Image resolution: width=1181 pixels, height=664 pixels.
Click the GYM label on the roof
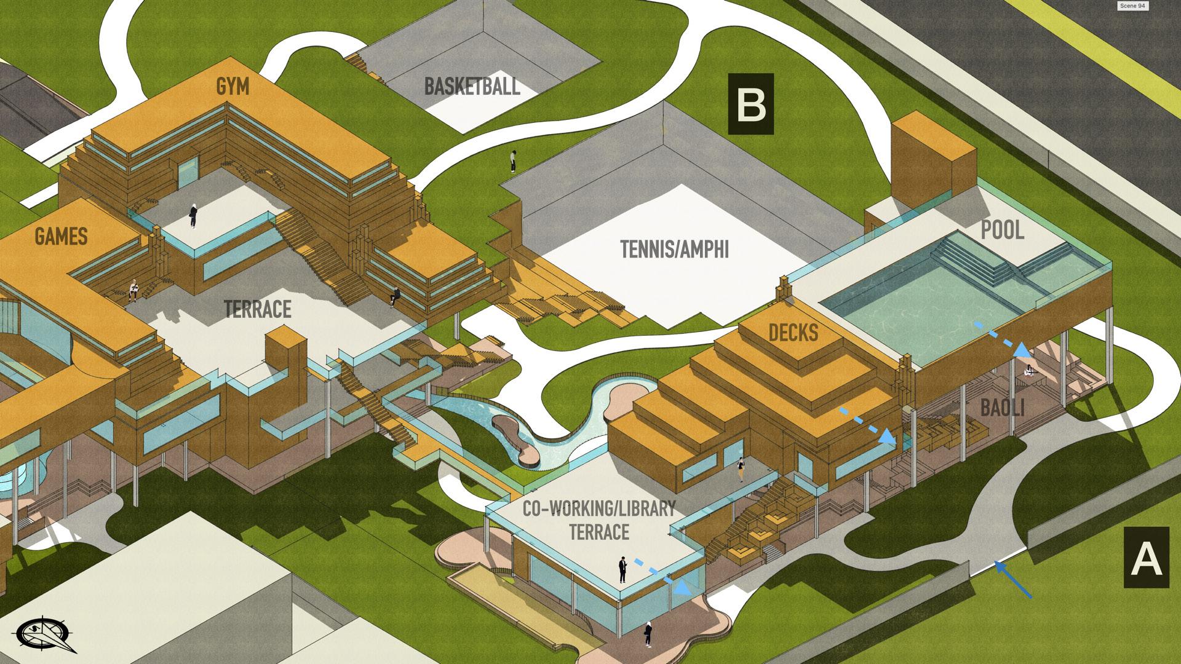point(233,87)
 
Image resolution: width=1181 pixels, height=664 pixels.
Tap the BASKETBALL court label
point(472,86)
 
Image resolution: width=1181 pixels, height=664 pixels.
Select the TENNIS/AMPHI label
point(674,250)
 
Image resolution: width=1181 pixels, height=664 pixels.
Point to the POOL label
point(1002,231)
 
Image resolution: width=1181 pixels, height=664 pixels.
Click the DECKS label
point(793,333)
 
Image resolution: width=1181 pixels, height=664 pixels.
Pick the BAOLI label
point(1002,408)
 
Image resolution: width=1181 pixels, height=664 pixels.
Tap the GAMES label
point(60,237)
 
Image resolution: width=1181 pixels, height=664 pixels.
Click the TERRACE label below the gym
point(257,309)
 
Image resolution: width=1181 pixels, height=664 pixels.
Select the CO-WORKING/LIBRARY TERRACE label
point(598,520)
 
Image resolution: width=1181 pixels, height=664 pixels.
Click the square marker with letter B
point(750,105)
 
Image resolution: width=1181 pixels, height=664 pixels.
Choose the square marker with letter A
point(1147,558)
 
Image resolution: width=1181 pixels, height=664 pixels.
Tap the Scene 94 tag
point(1132,6)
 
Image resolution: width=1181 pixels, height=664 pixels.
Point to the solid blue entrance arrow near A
point(1013,579)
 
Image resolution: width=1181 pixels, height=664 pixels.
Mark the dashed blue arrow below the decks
point(867,424)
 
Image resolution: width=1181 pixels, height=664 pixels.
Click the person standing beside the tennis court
point(513,162)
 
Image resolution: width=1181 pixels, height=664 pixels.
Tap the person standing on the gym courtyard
point(193,216)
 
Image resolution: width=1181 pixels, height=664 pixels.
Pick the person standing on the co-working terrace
point(622,569)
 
